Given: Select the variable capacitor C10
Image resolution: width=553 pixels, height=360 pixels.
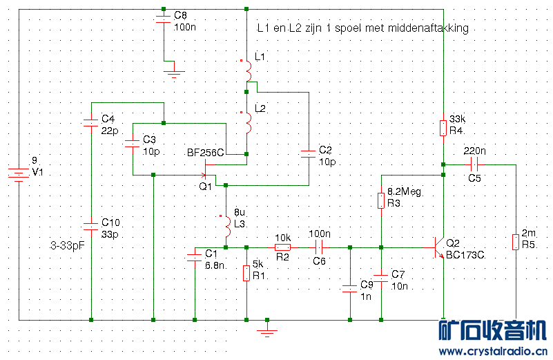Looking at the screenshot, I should tap(91, 226).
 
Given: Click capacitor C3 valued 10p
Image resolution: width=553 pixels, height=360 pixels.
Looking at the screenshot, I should tap(132, 144).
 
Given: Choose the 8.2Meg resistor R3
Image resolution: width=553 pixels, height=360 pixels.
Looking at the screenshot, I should tap(381, 200).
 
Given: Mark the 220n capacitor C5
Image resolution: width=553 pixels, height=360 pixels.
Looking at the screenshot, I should tap(474, 164).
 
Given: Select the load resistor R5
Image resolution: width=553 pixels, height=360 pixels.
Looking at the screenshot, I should tap(516, 242).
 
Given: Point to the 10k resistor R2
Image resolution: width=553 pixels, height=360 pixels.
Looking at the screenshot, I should tap(282, 247).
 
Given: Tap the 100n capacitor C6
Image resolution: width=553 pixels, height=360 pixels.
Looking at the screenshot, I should tap(319, 247).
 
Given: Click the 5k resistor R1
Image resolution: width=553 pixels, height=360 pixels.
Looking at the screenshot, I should tap(246, 274).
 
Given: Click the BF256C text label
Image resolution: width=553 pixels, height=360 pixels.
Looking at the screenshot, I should tap(206, 153).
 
